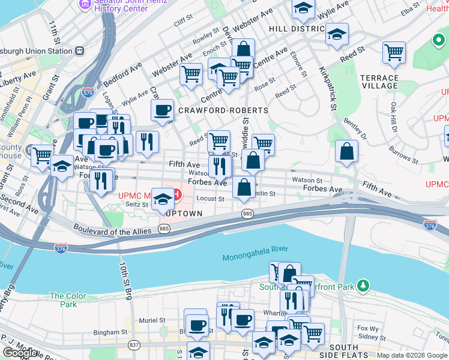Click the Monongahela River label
[255, 253]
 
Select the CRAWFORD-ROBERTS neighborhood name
[223, 110]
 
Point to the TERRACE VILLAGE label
[379, 82]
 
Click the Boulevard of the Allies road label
[114, 232]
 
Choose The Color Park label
[67, 300]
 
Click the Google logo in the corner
[19, 353]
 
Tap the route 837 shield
[134, 344]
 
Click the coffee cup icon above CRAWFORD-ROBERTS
[162, 110]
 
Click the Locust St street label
[210, 199]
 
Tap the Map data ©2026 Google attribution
[412, 355]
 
